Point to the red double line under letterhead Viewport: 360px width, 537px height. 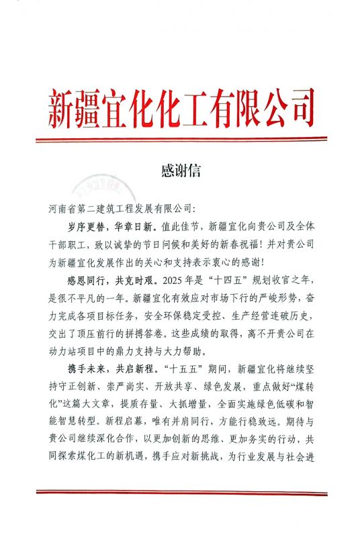click(x=180, y=140)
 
